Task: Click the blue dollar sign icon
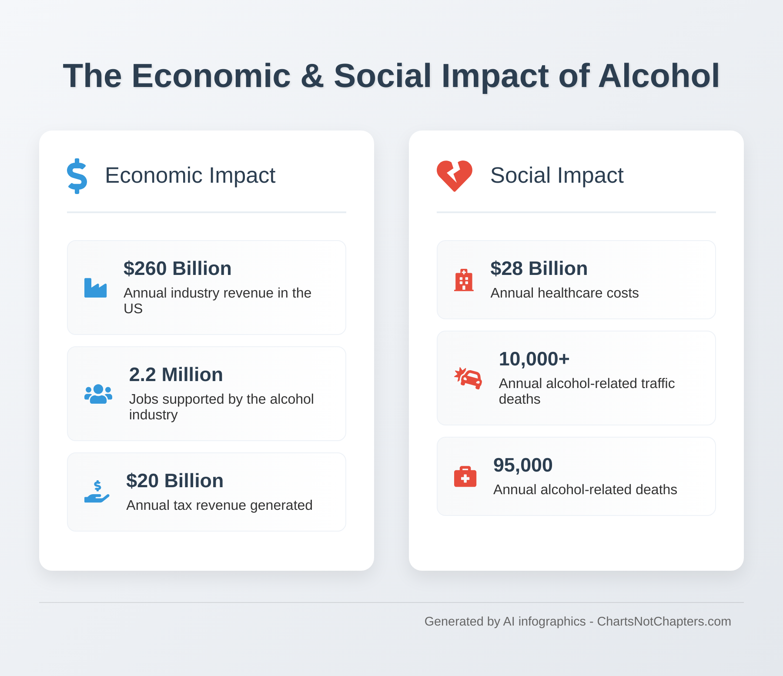(x=77, y=176)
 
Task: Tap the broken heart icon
(x=454, y=176)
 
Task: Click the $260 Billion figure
(x=177, y=268)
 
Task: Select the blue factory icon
(x=95, y=288)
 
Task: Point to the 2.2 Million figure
(x=176, y=375)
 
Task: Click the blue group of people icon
(x=98, y=394)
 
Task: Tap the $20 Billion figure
(x=174, y=481)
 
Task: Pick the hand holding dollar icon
(x=97, y=492)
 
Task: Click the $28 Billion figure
(x=539, y=268)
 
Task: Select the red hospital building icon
(x=464, y=280)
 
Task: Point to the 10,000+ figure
(x=534, y=359)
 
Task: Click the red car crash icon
(x=468, y=378)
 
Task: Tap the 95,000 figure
(x=522, y=465)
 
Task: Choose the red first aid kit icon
(x=465, y=477)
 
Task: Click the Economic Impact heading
(x=190, y=175)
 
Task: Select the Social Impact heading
(x=556, y=175)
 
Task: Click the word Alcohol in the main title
(x=659, y=76)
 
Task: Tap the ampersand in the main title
(x=312, y=76)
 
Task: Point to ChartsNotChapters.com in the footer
(x=664, y=621)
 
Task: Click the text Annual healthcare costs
(x=564, y=293)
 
